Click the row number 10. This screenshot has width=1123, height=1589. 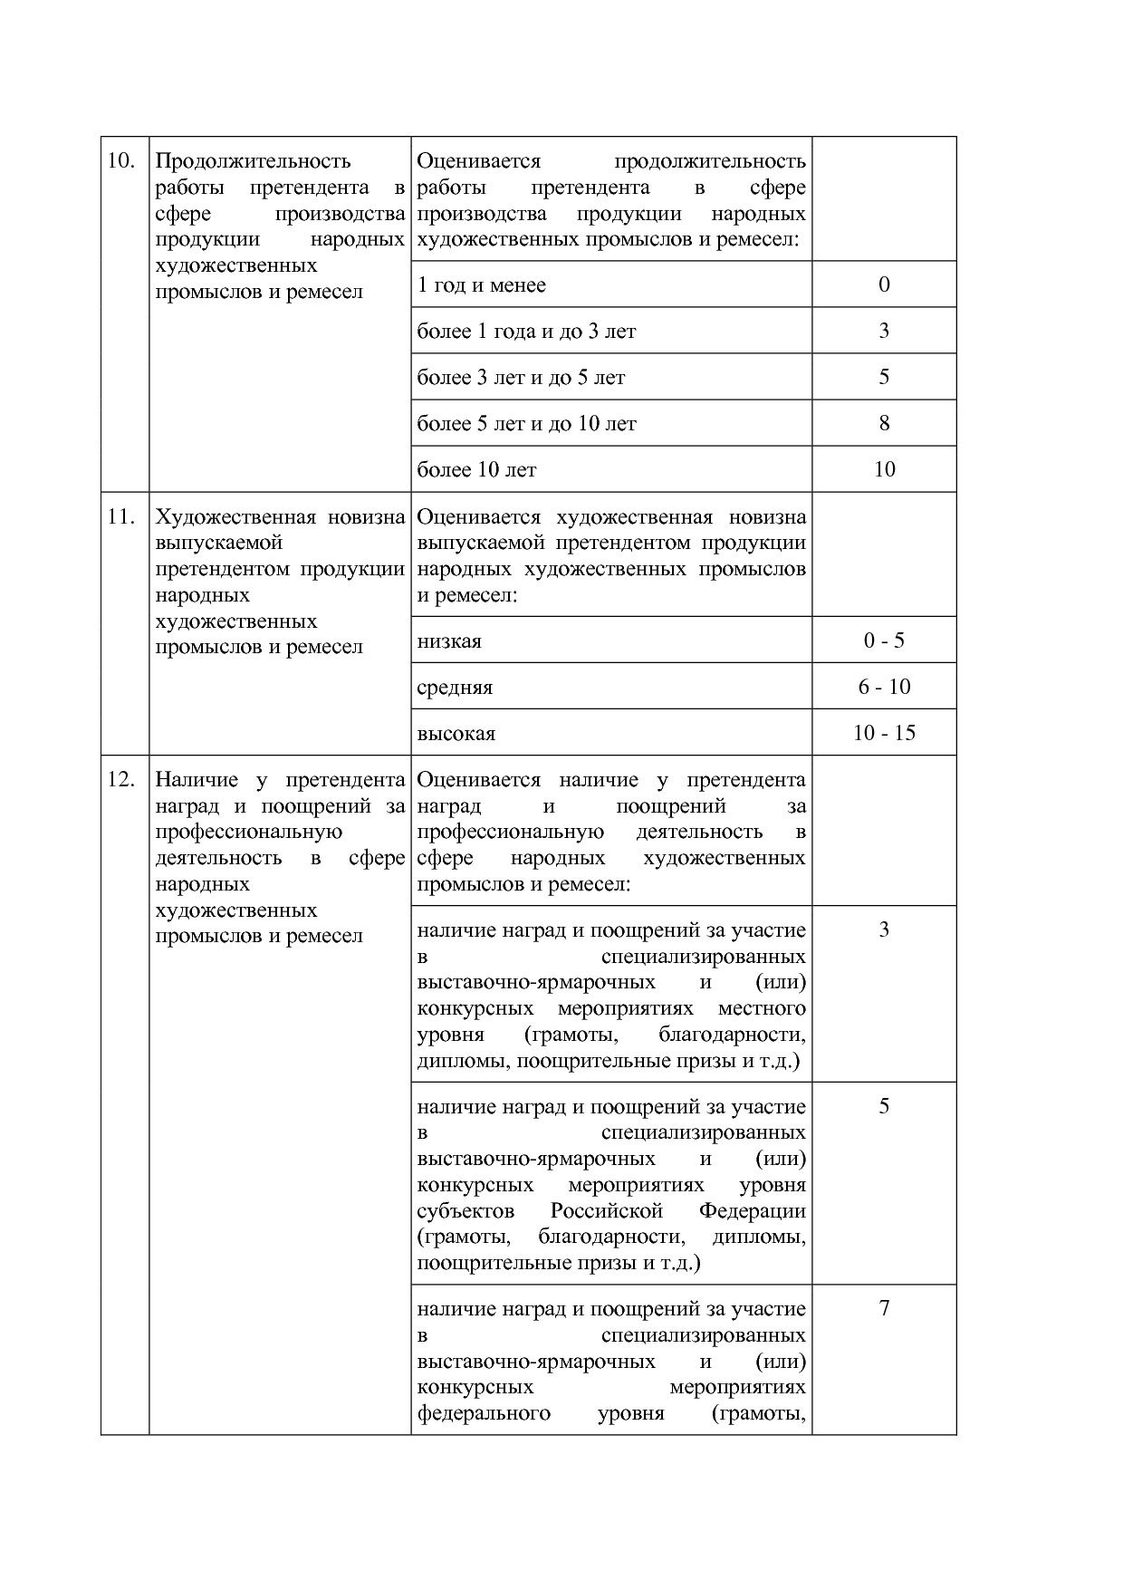click(121, 161)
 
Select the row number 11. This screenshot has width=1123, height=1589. click(121, 517)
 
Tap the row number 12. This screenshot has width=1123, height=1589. click(121, 780)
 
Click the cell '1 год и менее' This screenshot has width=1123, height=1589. click(481, 285)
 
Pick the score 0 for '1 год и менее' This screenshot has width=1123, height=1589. click(884, 284)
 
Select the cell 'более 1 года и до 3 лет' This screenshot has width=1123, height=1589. click(526, 332)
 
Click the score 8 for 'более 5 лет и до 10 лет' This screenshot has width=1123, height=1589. click(884, 423)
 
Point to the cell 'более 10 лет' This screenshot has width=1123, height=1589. click(476, 470)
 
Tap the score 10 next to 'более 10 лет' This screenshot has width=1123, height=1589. click(884, 469)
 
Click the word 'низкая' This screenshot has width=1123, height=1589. click(449, 641)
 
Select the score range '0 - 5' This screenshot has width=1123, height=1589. click(884, 640)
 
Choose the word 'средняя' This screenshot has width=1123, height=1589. click(455, 688)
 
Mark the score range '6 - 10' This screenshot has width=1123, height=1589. click(884, 687)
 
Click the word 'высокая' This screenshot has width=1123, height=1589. click(456, 734)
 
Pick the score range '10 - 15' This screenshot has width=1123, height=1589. click(884, 733)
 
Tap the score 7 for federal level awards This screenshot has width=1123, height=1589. click(884, 1308)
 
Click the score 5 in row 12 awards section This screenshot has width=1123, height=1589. click(884, 1106)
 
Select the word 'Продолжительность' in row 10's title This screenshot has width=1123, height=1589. click(253, 161)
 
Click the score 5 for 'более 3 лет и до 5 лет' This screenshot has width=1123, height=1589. click(884, 377)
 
